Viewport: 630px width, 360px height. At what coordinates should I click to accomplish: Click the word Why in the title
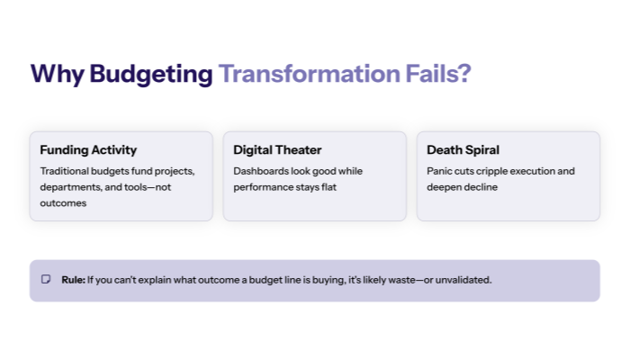point(57,74)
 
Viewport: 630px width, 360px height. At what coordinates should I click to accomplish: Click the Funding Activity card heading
point(88,149)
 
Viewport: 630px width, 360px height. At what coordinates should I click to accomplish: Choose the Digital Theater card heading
point(277,149)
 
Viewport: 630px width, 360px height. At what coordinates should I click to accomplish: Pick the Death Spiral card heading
point(463,149)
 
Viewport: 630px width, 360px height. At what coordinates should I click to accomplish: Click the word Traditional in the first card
point(66,171)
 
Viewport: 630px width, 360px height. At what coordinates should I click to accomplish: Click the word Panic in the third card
point(440,171)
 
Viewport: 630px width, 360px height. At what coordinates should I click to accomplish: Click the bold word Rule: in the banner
point(73,280)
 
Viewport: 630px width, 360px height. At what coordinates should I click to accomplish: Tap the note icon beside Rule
point(46,280)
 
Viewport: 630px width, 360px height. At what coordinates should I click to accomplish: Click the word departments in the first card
point(70,187)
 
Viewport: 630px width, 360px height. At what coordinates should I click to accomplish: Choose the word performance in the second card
point(263,187)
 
